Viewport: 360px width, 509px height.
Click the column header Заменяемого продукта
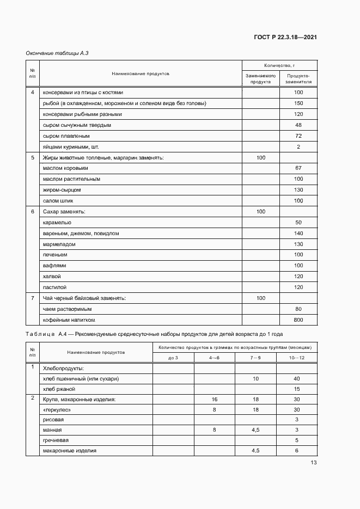[261, 78]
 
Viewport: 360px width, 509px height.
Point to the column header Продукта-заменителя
[298, 78]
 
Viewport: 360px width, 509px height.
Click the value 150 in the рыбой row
[298, 103]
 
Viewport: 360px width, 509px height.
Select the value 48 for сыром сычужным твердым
[298, 125]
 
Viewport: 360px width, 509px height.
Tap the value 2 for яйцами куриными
[298, 146]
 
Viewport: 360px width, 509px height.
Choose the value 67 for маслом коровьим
[298, 168]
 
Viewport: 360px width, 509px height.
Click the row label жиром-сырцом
[62, 190]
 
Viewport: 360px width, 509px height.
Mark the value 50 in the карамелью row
[298, 222]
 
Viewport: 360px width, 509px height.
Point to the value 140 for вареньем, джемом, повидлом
[298, 233]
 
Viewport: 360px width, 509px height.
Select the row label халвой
[53, 276]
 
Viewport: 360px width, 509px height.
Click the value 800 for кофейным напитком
[298, 320]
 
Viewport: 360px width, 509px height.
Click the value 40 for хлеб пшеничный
[297, 378]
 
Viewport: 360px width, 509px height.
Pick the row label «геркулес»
[57, 409]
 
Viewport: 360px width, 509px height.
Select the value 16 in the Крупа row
[214, 399]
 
